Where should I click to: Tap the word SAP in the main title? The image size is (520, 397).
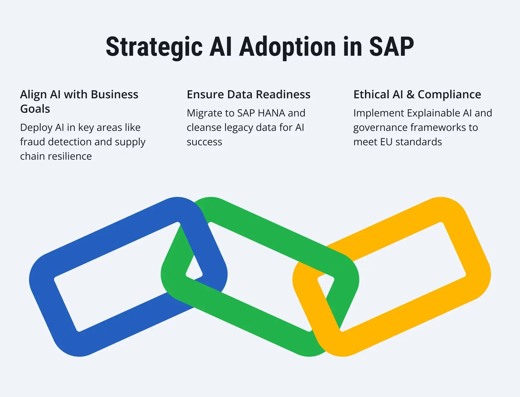click(391, 47)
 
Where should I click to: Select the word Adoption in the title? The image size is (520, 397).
click(287, 47)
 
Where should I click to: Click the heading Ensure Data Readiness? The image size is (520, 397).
click(248, 94)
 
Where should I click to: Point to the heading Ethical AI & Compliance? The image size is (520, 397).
click(417, 94)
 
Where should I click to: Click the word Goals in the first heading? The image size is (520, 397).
click(35, 109)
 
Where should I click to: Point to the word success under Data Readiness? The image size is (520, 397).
click(204, 142)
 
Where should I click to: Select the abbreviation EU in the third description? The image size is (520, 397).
click(386, 142)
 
